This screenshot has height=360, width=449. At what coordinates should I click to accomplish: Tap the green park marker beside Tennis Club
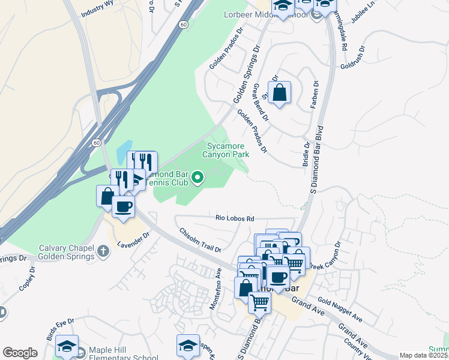click(197, 177)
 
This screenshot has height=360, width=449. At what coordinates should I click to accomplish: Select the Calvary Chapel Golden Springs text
click(55, 253)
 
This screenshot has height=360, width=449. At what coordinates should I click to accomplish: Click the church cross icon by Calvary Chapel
click(103, 250)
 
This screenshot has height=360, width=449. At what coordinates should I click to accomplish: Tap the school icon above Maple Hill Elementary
click(67, 346)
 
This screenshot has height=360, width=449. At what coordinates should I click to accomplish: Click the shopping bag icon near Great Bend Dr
click(279, 93)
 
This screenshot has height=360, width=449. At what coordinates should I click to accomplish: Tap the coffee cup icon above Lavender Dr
click(124, 206)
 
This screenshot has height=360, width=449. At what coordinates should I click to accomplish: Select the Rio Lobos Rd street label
click(235, 218)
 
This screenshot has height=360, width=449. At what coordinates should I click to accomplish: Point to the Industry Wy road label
click(97, 11)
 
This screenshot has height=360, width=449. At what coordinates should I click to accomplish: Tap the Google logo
click(20, 352)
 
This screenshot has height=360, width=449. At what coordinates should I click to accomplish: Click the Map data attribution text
click(423, 355)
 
